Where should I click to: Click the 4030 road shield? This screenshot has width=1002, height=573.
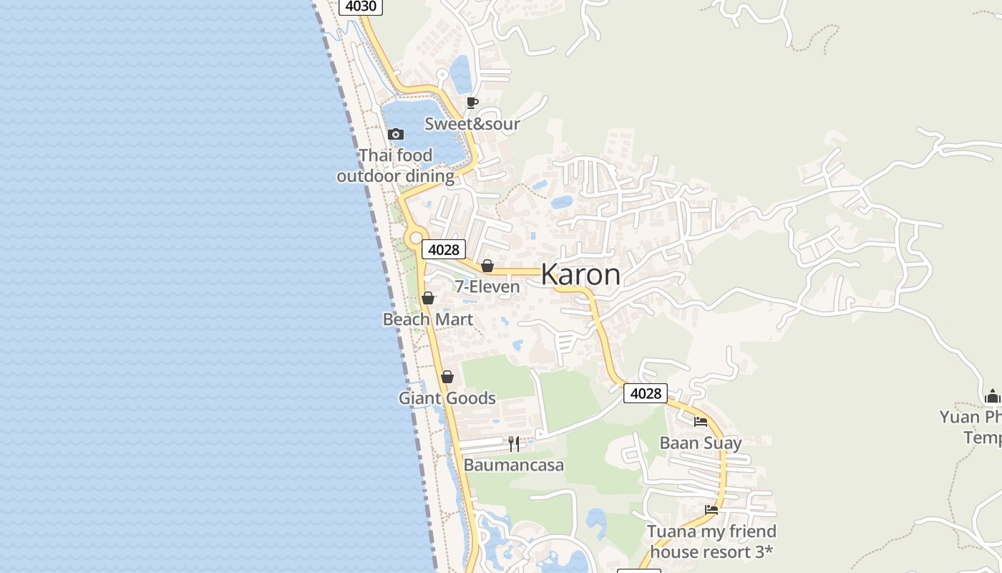pyautogui.click(x=360, y=6)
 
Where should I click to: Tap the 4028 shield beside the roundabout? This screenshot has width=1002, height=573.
pyautogui.click(x=443, y=249)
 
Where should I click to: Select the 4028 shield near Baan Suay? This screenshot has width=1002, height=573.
pyautogui.click(x=645, y=393)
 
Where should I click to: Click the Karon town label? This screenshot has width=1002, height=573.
pyautogui.click(x=580, y=275)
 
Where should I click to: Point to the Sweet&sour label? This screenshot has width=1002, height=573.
pyautogui.click(x=472, y=124)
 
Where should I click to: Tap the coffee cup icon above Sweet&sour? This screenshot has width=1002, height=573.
pyautogui.click(x=472, y=102)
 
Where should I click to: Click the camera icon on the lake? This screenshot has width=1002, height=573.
pyautogui.click(x=396, y=134)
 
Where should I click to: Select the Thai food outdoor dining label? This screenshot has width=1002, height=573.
pyautogui.click(x=396, y=165)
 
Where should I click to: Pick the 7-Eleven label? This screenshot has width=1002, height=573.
pyautogui.click(x=487, y=287)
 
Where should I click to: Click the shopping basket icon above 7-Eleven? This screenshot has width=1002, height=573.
pyautogui.click(x=487, y=266)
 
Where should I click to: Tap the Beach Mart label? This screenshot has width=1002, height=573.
pyautogui.click(x=428, y=319)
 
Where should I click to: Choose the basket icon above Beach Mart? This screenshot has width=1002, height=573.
pyautogui.click(x=428, y=298)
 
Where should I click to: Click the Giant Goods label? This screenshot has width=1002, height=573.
pyautogui.click(x=447, y=398)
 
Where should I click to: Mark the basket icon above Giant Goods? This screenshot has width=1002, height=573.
pyautogui.click(x=447, y=377)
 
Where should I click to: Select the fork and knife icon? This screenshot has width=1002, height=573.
pyautogui.click(x=514, y=444)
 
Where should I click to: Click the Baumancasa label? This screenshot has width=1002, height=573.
pyautogui.click(x=514, y=466)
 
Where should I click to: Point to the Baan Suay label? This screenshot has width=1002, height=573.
pyautogui.click(x=701, y=443)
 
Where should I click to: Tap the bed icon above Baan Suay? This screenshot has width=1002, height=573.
pyautogui.click(x=701, y=422)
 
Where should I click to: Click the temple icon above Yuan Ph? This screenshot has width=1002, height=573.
pyautogui.click(x=992, y=396)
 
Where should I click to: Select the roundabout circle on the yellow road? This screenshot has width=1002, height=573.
pyautogui.click(x=415, y=238)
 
